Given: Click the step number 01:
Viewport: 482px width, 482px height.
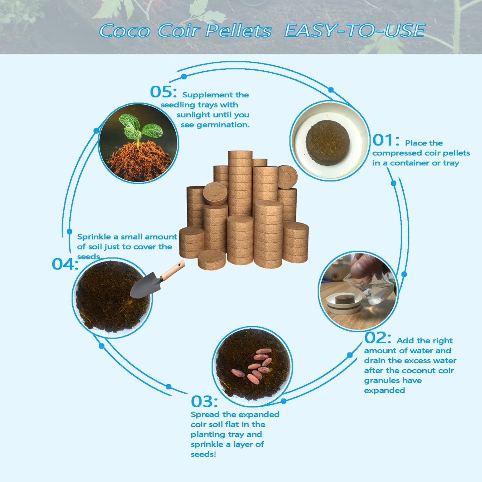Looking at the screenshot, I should pyautogui.click(x=386, y=140).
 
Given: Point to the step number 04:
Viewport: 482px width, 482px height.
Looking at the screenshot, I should pyautogui.click(x=65, y=265).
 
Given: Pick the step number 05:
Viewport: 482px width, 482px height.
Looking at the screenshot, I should pyautogui.click(x=163, y=92).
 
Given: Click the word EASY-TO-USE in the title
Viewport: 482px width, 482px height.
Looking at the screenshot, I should pyautogui.click(x=354, y=31).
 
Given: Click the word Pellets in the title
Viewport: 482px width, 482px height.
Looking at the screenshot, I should pyautogui.click(x=238, y=31).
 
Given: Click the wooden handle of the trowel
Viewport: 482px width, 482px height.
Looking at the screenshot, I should pyautogui.click(x=173, y=271).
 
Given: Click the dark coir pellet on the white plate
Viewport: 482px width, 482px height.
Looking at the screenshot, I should pyautogui.click(x=328, y=143).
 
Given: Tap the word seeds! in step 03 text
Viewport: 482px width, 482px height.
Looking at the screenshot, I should pyautogui.click(x=203, y=454).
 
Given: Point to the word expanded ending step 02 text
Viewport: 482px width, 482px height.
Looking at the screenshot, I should pyautogui.click(x=384, y=390).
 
